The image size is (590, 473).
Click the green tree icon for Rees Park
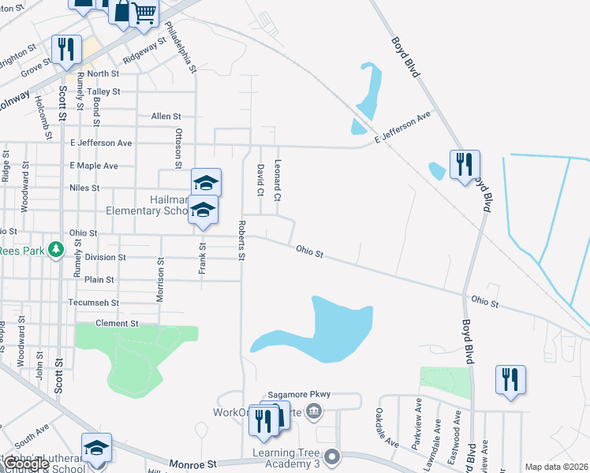tap(55, 250)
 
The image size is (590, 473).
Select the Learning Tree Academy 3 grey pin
tap(333, 456)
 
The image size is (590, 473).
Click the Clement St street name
tap(116, 323)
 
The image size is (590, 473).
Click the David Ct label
tap(259, 180)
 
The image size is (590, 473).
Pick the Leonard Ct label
tap(278, 180)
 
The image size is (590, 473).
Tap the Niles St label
tap(84, 188)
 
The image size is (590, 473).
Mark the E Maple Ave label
tap(94, 166)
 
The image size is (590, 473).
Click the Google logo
tap(26, 464)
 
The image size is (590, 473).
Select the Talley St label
tap(103, 91)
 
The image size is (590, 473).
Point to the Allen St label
tap(166, 116)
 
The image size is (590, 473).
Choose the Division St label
tap(106, 257)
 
